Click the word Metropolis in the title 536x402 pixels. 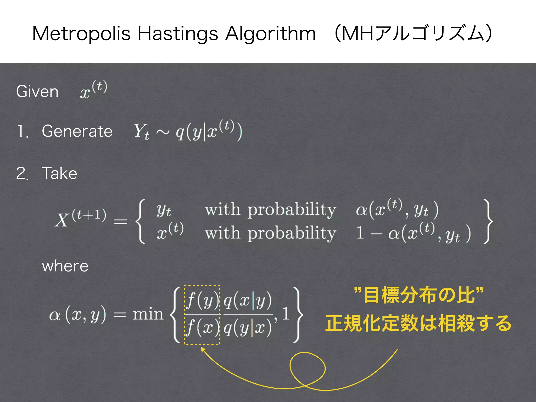[81, 34]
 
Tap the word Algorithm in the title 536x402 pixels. [271, 34]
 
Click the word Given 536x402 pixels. [37, 92]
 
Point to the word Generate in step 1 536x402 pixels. [77, 131]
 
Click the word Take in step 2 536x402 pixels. [59, 173]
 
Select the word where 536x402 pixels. [65, 266]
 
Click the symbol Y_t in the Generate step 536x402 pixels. [141, 131]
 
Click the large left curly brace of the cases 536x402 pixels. [140, 221]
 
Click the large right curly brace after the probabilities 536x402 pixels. [488, 221]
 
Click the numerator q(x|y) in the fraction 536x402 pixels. [248, 301]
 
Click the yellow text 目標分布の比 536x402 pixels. [418, 295]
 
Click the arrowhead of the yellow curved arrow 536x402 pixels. [202, 349]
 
